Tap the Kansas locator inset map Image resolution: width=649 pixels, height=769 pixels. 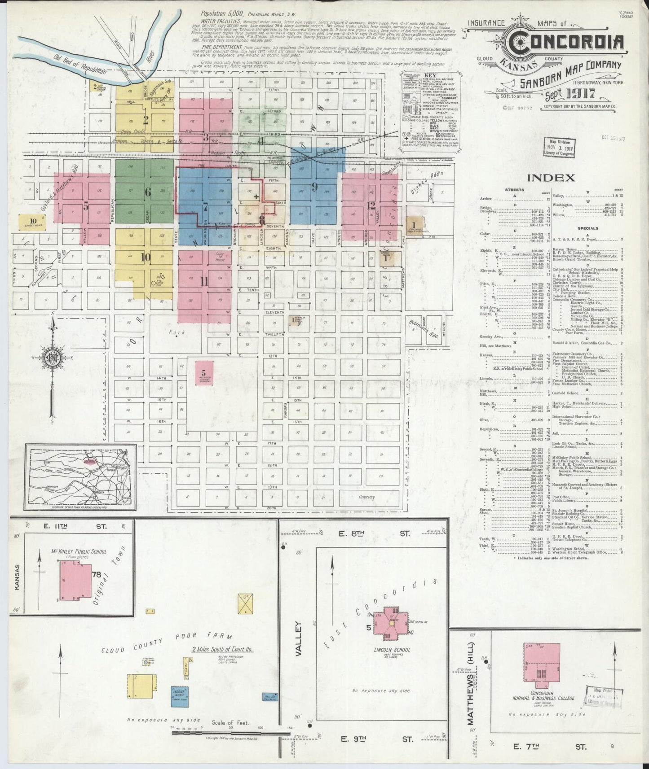[80, 477]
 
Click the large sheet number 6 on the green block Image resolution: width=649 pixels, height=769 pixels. [147, 192]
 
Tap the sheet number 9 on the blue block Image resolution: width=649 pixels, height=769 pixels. [314, 187]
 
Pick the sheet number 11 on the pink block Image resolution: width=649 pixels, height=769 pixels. [204, 281]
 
